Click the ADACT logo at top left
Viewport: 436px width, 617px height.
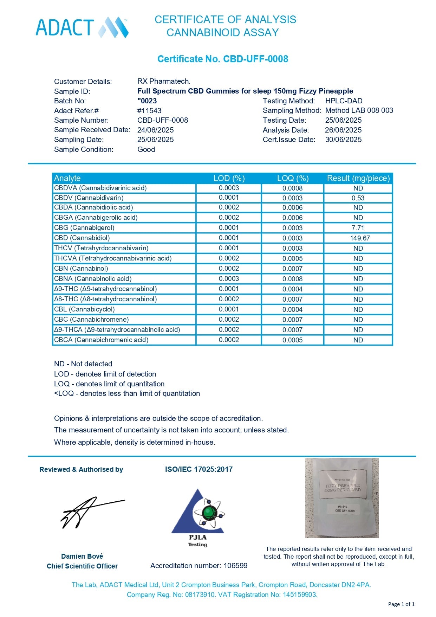click(x=82, y=27)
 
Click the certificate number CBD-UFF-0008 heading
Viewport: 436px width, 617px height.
click(x=222, y=59)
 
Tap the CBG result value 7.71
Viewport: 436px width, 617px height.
click(x=358, y=228)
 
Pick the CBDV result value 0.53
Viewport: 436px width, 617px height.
click(x=358, y=198)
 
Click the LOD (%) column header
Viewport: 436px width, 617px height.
click(x=229, y=178)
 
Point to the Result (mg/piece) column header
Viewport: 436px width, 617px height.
click(x=358, y=178)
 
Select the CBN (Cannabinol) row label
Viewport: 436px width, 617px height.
click(x=81, y=269)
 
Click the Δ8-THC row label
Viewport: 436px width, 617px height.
click(x=105, y=299)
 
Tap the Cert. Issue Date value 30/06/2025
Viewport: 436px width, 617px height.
click(x=343, y=140)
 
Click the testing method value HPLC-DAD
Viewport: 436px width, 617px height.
click(x=344, y=101)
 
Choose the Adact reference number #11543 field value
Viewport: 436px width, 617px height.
click(x=149, y=111)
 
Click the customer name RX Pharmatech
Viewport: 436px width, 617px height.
click(x=164, y=81)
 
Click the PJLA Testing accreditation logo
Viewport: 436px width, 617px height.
click(x=198, y=517)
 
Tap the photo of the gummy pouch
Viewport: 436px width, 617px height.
click(x=342, y=498)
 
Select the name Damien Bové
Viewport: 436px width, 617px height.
click(x=82, y=556)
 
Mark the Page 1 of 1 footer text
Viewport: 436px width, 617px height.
click(x=401, y=604)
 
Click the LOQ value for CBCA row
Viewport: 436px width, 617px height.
click(x=292, y=340)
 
